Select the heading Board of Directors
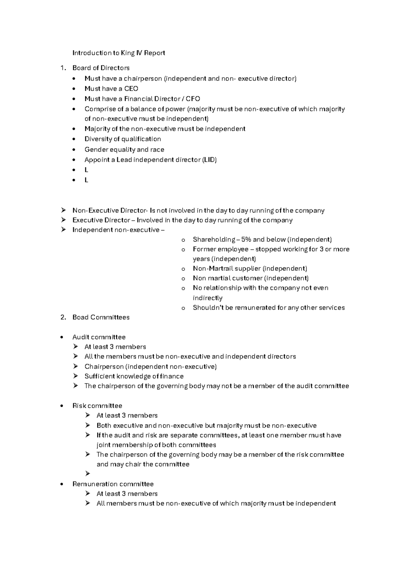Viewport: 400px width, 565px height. (x=101, y=68)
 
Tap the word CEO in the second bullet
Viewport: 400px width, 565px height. (x=131, y=89)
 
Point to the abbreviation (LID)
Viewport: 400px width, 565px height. (x=209, y=160)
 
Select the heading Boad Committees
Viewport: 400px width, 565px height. (x=101, y=317)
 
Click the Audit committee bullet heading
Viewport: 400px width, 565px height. (x=99, y=337)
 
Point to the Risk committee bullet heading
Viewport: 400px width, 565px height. (x=97, y=406)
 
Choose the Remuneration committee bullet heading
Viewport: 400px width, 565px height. (x=113, y=484)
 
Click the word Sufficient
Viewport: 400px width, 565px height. (x=98, y=376)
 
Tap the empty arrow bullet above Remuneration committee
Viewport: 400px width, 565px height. (x=88, y=474)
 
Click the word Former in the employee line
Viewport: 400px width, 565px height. (x=204, y=249)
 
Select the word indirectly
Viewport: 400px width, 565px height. (x=207, y=298)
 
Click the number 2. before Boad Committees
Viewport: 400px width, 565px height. (x=63, y=317)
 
